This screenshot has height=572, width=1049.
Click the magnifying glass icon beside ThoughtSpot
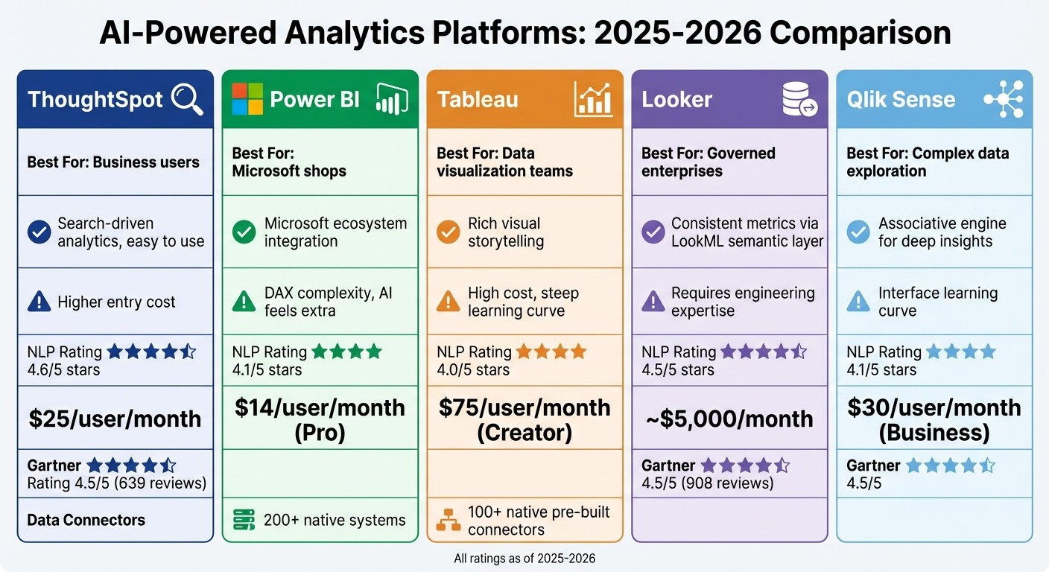pyautogui.click(x=187, y=100)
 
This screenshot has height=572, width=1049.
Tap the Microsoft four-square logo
pyautogui.click(x=247, y=100)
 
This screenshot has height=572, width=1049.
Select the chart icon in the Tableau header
pyautogui.click(x=593, y=100)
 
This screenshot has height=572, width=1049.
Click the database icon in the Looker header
pyautogui.click(x=799, y=100)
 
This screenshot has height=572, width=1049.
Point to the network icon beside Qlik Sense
pyautogui.click(x=1003, y=100)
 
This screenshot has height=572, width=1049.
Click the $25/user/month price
pyautogui.click(x=115, y=419)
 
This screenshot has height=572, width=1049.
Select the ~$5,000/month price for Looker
pyautogui.click(x=729, y=419)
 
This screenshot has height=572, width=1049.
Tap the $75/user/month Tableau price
pyautogui.click(x=524, y=407)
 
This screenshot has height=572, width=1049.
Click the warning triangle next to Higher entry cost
pyautogui.click(x=39, y=302)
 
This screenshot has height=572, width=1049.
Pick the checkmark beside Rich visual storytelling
pyautogui.click(x=448, y=232)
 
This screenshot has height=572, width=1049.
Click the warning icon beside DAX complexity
pyautogui.click(x=244, y=302)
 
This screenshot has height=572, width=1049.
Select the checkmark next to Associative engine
pyautogui.click(x=858, y=232)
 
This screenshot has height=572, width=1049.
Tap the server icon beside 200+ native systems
pyautogui.click(x=244, y=520)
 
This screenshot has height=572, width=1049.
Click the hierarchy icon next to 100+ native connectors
pyautogui.click(x=448, y=521)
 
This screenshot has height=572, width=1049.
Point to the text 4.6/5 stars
pyautogui.click(x=63, y=370)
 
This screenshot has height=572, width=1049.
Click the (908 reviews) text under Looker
pyautogui.click(x=730, y=483)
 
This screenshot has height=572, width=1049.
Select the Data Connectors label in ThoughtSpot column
pyautogui.click(x=86, y=520)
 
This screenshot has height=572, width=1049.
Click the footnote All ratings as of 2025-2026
pyautogui.click(x=524, y=558)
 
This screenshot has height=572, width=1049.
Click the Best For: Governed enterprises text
pyautogui.click(x=708, y=162)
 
